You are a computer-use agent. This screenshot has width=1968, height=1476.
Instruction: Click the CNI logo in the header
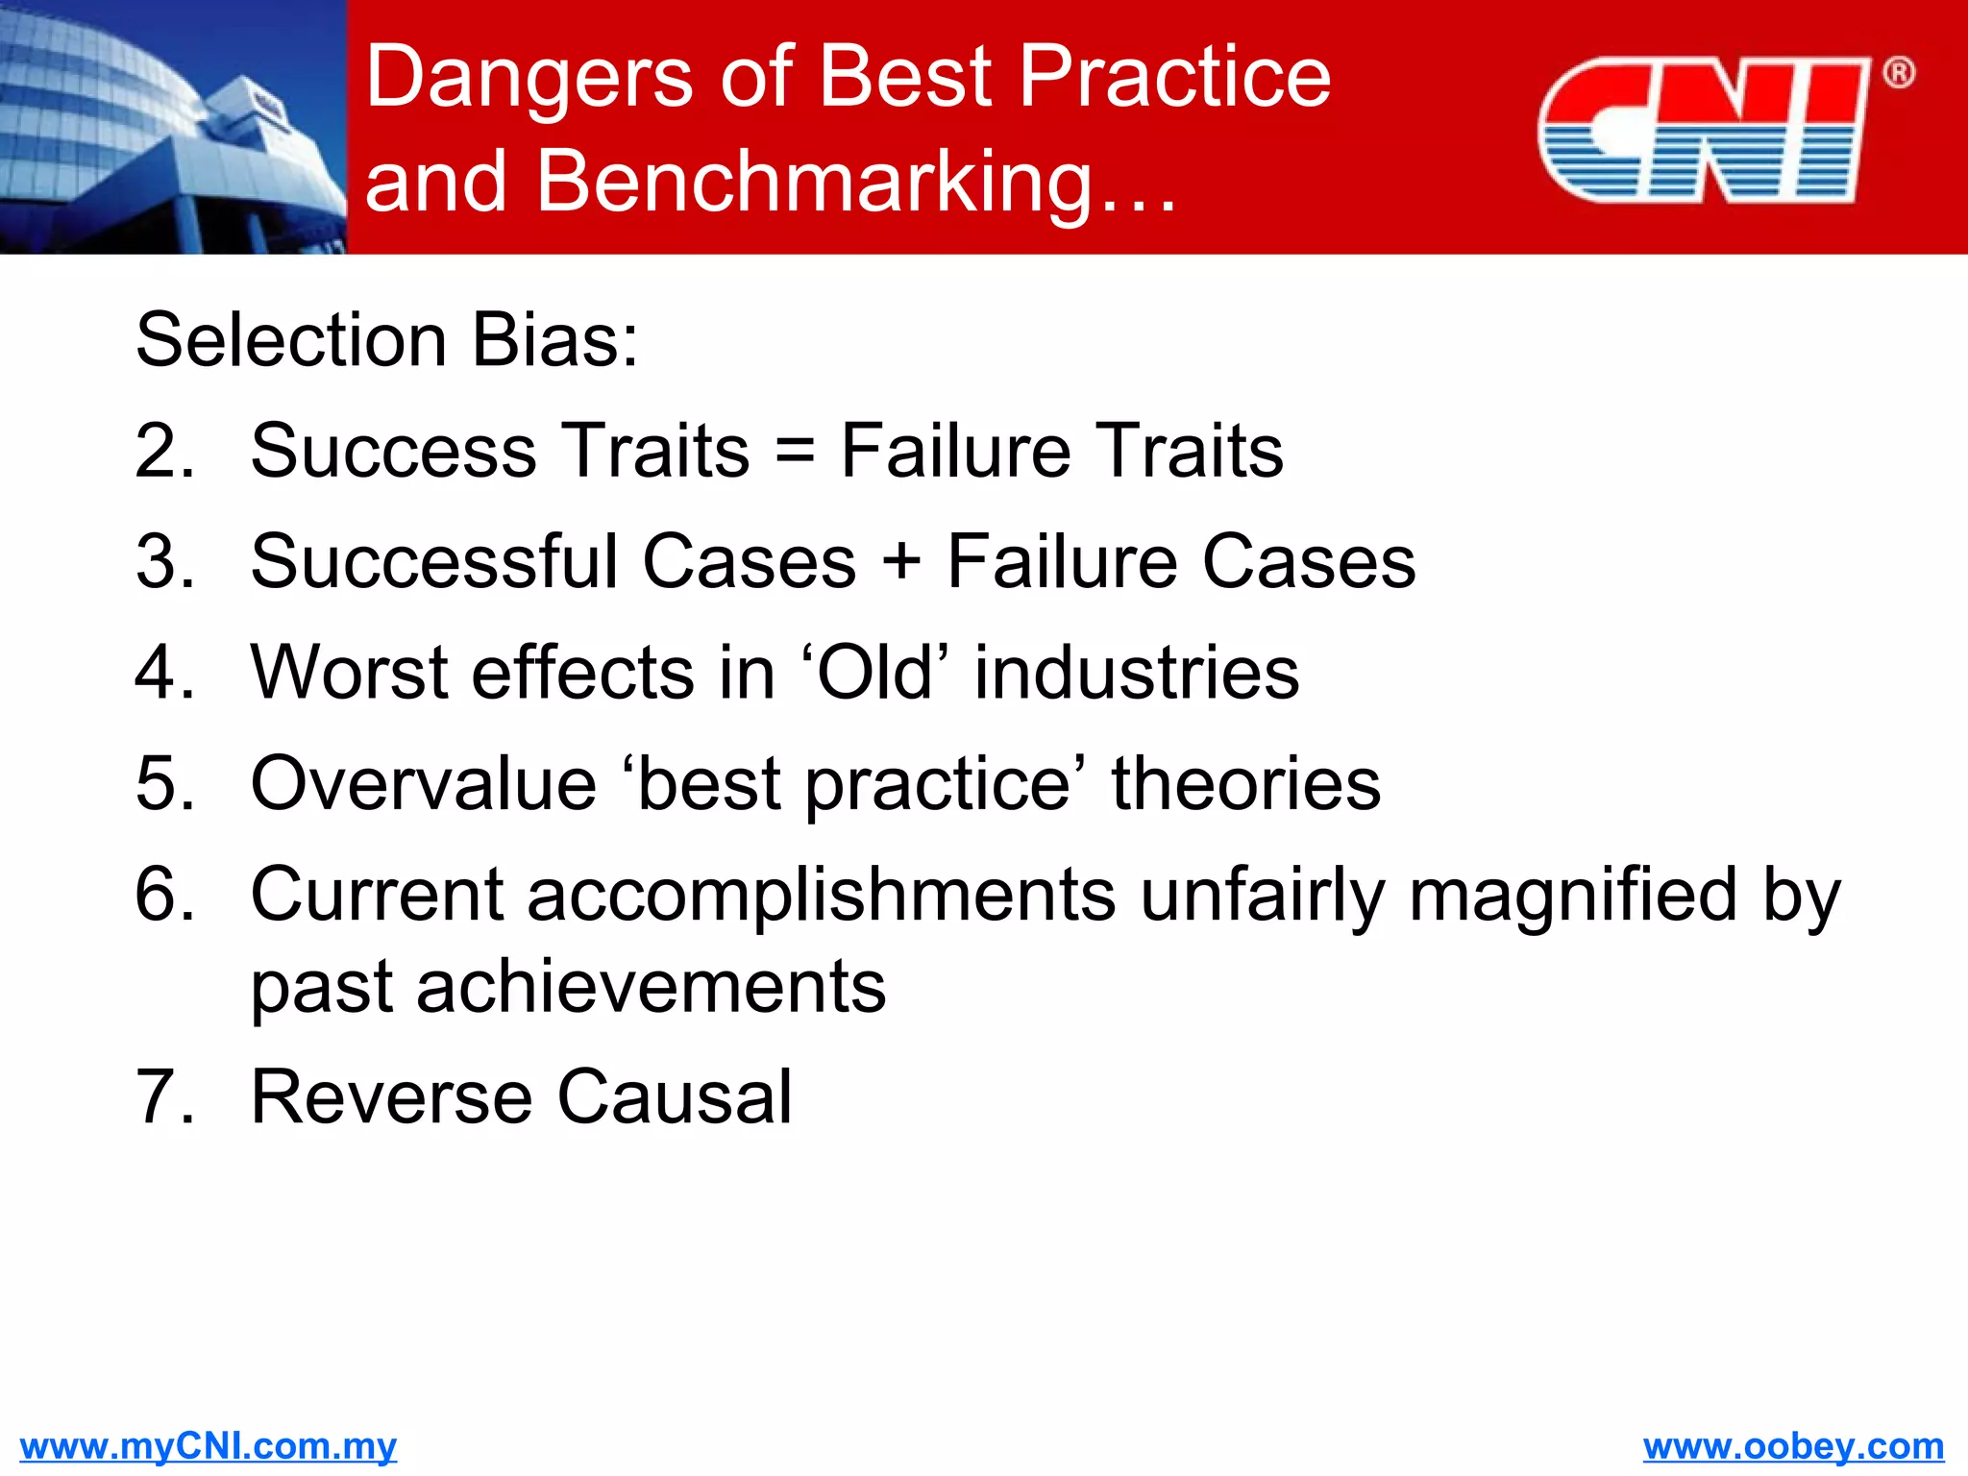[1703, 131]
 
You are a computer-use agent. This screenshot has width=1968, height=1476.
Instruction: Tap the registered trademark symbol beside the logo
[1898, 73]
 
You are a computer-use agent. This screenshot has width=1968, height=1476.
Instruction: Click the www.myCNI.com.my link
[208, 1446]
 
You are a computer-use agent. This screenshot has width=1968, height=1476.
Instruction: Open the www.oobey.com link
[1793, 1446]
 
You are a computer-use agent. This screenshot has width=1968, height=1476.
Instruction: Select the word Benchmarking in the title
[815, 182]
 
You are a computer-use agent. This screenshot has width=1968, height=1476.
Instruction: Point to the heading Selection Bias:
[386, 340]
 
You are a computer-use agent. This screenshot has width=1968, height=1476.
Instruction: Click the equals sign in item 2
[794, 451]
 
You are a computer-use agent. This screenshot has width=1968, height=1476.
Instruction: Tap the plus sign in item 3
[900, 561]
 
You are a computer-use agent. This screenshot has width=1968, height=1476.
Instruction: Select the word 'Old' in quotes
[873, 672]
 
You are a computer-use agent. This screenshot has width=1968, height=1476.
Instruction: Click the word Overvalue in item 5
[423, 783]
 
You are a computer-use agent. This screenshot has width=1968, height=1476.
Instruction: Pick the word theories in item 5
[1245, 783]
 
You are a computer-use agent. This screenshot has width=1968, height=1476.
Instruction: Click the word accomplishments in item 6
[822, 895]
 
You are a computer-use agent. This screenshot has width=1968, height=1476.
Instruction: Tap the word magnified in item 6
[1573, 895]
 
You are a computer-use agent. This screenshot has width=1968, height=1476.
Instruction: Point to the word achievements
[651, 987]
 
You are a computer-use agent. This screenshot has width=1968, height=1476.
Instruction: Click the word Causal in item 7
[675, 1096]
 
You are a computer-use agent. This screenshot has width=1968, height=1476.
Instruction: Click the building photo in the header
[173, 127]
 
